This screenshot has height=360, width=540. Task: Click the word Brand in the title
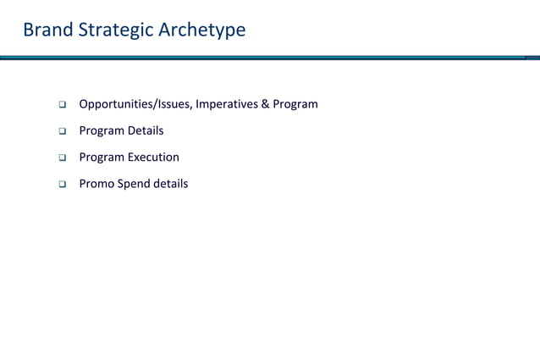tap(48, 30)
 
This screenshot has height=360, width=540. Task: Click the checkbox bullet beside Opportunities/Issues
tap(62, 105)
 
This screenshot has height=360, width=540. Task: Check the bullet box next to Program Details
tap(62, 131)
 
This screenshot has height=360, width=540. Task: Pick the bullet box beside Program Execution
tap(62, 158)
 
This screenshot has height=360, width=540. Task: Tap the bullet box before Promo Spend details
tap(62, 184)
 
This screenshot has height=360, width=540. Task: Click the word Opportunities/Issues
tap(135, 104)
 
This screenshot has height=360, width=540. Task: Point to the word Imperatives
tap(226, 104)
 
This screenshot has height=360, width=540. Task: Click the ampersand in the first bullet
tap(265, 104)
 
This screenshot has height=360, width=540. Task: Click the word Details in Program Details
tap(145, 130)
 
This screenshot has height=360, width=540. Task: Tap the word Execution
tap(153, 157)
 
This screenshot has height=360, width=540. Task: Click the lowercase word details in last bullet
tap(171, 183)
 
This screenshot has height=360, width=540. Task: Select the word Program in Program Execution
tap(102, 157)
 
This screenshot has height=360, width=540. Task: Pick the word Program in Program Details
tap(102, 130)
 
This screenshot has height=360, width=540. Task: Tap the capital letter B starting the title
tap(29, 30)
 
